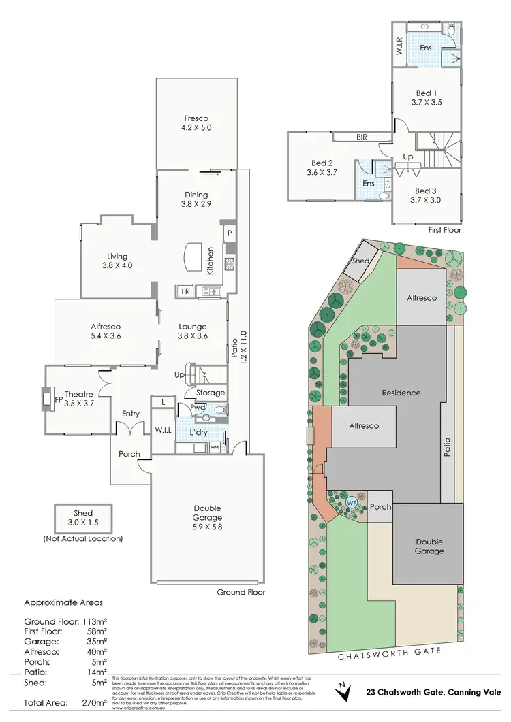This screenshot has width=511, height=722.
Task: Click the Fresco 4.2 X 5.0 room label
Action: [x=196, y=123]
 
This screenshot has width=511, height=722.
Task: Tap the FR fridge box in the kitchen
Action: [x=185, y=291]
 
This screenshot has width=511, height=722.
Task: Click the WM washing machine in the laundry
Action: [x=215, y=447]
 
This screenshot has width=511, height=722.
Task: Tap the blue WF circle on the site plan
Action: [x=352, y=502]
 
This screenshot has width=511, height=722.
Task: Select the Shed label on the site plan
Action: [x=360, y=261]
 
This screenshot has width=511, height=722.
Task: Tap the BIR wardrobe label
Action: [x=362, y=137]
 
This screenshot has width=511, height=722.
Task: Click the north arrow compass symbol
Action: [x=345, y=691]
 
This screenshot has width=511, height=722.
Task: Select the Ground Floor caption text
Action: [x=241, y=592]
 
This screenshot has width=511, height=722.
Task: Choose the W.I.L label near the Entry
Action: [x=161, y=429]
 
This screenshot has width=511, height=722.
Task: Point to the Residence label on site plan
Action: [x=401, y=393]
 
